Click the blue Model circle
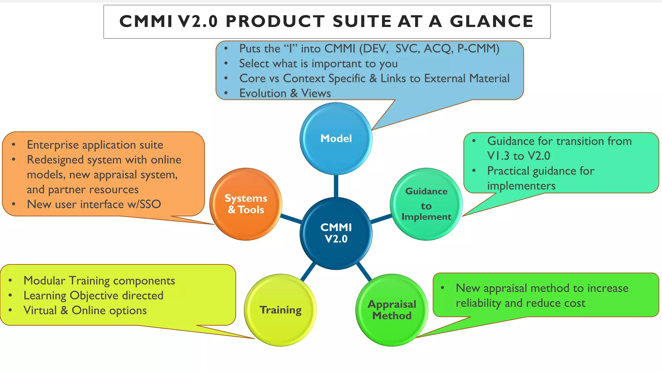(336, 139)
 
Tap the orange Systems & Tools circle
(246, 204)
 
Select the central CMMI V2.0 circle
(336, 233)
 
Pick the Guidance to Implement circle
(426, 204)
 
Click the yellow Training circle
(280, 310)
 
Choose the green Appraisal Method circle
(392, 310)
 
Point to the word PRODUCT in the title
(275, 22)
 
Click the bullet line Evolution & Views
(285, 93)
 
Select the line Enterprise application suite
(95, 145)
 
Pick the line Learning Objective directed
(93, 295)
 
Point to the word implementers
(521, 186)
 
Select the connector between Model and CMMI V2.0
(336, 186)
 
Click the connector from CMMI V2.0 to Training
(308, 272)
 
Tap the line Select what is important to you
(318, 64)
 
